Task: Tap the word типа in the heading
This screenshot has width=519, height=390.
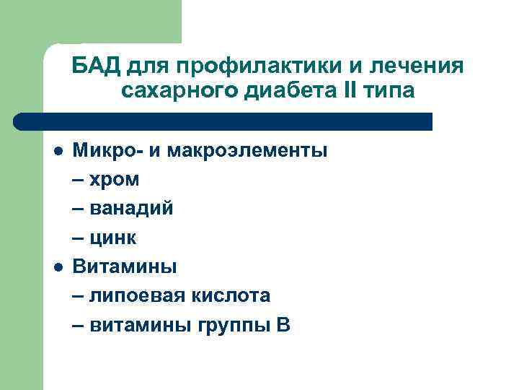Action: (388, 92)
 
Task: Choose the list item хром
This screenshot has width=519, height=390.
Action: (115, 180)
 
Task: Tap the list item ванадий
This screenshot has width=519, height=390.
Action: (131, 209)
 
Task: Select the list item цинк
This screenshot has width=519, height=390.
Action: (114, 238)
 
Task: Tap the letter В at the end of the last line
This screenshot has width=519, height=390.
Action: (283, 324)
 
